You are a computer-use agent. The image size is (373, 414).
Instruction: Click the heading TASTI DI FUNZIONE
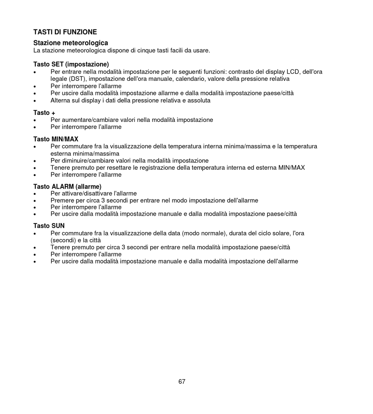[65, 32]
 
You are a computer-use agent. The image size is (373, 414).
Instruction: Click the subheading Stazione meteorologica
[70, 43]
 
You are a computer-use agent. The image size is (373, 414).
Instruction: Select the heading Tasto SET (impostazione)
[71, 64]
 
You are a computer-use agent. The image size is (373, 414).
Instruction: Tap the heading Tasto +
[44, 113]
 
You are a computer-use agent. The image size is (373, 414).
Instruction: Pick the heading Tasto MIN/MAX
[56, 139]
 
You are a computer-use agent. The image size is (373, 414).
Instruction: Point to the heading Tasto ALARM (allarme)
[67, 187]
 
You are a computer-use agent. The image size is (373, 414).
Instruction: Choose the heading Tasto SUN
[49, 226]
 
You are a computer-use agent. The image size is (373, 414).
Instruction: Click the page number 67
[182, 381]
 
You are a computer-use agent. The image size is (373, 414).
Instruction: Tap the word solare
[279, 233]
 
